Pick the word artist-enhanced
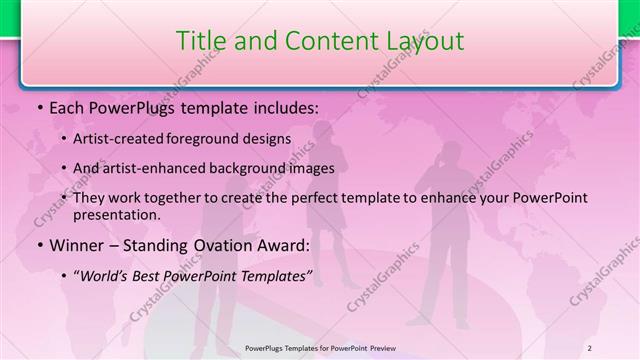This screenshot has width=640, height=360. pos(161,168)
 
